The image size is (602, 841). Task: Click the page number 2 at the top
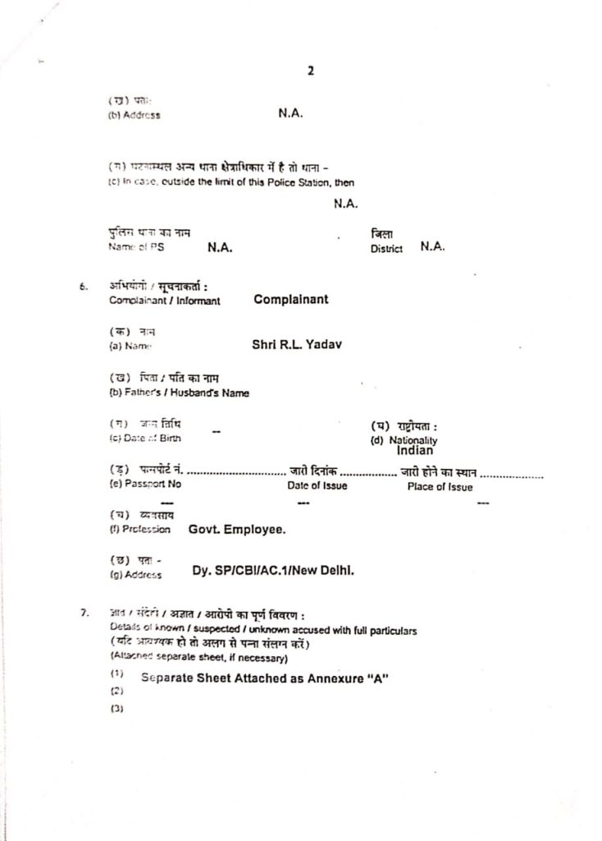click(311, 70)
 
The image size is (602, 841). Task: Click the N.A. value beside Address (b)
click(291, 114)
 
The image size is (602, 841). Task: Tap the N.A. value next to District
click(432, 246)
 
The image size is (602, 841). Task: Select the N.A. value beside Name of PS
click(219, 247)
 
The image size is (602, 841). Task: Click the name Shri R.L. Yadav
click(296, 345)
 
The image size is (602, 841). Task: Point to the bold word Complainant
click(290, 300)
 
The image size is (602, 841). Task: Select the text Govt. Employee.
click(237, 530)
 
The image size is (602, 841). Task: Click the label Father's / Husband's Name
click(179, 393)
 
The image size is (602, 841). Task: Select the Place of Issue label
click(440, 486)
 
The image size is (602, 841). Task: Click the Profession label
click(139, 530)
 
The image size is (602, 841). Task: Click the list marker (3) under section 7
click(115, 710)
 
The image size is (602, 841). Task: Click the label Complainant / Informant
click(164, 301)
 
